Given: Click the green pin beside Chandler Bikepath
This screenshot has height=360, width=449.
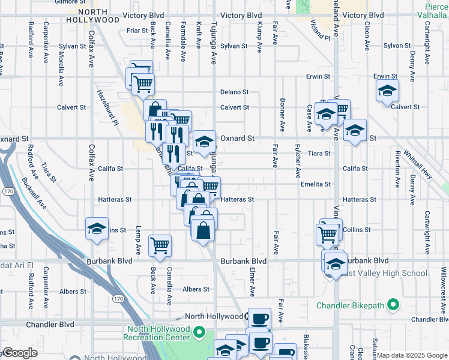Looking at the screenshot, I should coord(393,305).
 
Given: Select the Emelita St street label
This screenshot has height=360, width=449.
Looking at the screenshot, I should coord(316,184).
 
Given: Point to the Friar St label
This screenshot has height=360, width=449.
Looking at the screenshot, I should coord(137,30).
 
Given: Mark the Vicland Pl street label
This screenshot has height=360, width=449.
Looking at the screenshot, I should coord(321,28).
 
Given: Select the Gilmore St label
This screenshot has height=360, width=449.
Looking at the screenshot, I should coord(66,2).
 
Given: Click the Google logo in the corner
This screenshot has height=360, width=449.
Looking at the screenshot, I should coord(20,353).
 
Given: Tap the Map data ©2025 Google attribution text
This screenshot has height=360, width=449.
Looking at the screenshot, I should coord(411,355).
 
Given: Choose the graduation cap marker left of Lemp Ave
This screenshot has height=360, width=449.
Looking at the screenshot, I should coord(97,229).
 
